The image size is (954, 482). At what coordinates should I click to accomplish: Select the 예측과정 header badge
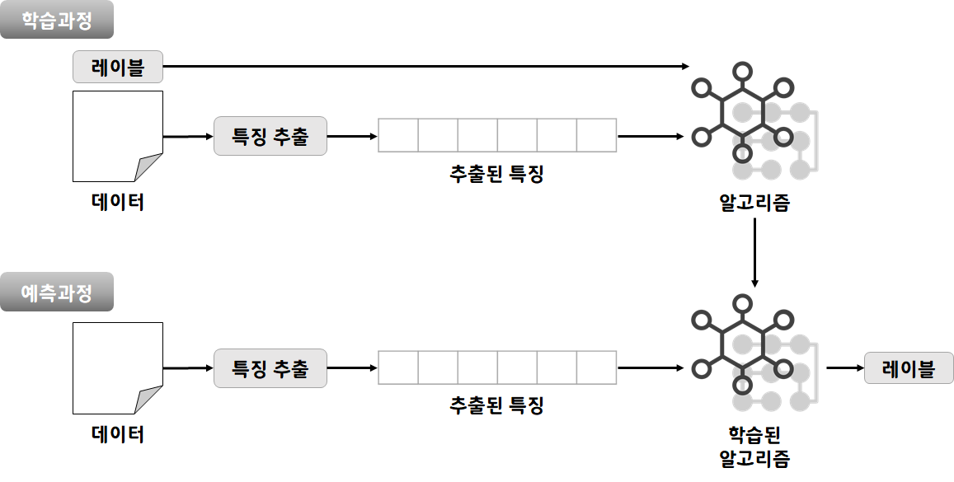click(56, 292)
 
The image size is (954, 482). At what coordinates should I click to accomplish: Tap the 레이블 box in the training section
click(118, 67)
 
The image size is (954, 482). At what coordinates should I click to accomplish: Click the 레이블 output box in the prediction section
click(908, 368)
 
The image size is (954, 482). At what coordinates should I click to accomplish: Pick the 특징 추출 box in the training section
click(270, 136)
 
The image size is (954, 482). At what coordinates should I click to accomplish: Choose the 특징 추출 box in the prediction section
click(270, 368)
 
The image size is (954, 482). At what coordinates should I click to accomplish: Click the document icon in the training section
click(117, 136)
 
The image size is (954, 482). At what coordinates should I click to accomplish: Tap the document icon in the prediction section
click(117, 368)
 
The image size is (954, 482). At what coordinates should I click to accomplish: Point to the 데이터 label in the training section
click(118, 202)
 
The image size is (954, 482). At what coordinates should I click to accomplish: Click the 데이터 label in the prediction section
click(118, 434)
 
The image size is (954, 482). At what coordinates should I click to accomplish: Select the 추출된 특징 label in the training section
click(496, 174)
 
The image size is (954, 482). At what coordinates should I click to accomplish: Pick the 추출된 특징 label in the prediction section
click(496, 405)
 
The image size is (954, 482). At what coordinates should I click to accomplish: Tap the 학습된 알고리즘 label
click(754, 446)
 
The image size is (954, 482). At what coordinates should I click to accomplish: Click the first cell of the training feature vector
click(398, 136)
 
